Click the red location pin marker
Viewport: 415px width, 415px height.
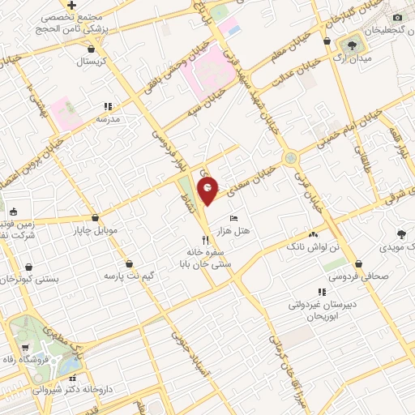(x=208, y=191)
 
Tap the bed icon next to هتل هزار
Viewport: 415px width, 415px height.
(x=234, y=218)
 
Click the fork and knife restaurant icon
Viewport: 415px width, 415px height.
(x=206, y=240)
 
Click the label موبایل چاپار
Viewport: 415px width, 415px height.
(x=96, y=230)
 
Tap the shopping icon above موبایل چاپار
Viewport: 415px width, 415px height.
(x=96, y=217)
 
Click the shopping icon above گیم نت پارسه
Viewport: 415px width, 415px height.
(x=130, y=263)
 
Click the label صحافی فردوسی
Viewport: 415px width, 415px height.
(x=359, y=275)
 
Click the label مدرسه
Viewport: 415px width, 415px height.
(x=108, y=119)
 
